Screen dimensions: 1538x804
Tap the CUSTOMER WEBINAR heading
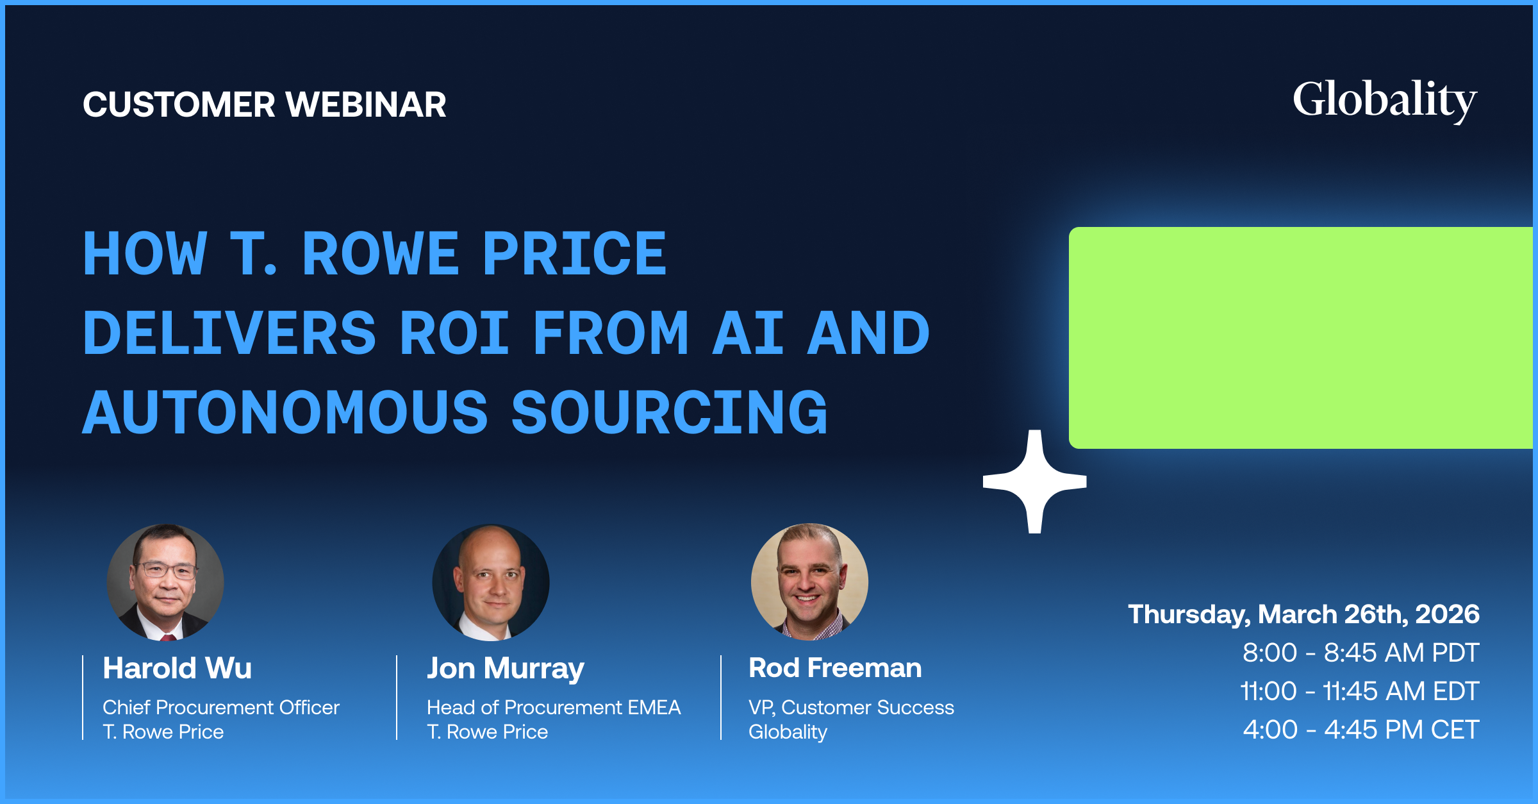click(265, 105)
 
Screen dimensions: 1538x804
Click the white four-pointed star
click(1034, 482)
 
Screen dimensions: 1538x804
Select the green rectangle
click(1301, 338)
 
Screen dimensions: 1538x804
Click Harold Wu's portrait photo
click(165, 582)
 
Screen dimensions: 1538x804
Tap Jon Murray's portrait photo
click(491, 582)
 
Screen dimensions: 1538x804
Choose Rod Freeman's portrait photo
click(809, 582)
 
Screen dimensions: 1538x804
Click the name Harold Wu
click(178, 668)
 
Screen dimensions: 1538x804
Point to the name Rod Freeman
click(835, 668)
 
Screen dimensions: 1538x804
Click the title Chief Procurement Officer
click(221, 707)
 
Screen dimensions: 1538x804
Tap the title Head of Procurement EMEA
click(554, 707)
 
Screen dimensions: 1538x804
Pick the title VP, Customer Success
click(851, 708)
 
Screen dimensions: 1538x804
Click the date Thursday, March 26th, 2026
click(1303, 614)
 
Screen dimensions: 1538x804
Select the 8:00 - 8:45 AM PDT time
click(1360, 653)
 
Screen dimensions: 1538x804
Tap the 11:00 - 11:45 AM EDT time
click(1359, 691)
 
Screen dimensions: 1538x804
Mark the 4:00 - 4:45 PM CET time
click(1361, 730)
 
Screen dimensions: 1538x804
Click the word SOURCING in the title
click(669, 412)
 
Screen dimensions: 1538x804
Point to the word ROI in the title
click(454, 333)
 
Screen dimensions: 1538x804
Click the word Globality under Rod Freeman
click(788, 732)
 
